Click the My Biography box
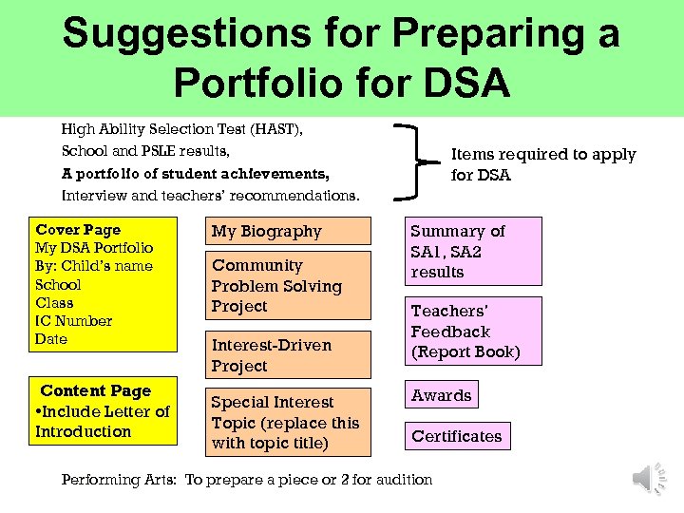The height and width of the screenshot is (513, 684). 288,231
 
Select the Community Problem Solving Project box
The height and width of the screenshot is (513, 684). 288,285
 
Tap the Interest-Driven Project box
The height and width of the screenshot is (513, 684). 288,355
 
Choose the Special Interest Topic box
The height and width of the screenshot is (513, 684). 288,422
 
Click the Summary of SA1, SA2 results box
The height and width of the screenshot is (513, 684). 473,251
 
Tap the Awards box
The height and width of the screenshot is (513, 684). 441,395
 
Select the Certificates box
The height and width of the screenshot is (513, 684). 456,436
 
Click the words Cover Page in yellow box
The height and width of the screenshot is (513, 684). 78,230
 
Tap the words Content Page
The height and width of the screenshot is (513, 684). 95,390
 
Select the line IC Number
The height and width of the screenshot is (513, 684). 73,321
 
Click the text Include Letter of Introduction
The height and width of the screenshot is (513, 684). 102,421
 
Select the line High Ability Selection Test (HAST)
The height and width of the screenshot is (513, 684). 188,128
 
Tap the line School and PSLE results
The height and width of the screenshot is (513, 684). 145,151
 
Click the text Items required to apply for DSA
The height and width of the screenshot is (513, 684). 541,164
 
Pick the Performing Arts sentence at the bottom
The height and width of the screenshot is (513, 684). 246,480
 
